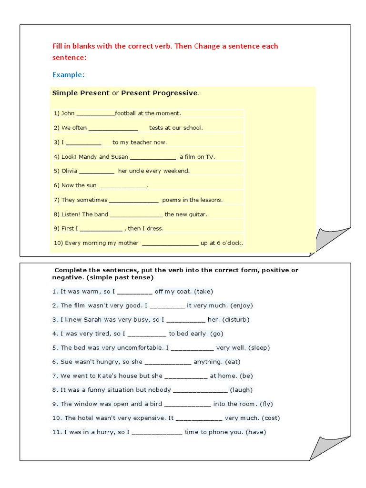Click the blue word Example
tap(68, 75)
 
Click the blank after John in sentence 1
tap(95, 114)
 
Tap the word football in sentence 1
tap(126, 113)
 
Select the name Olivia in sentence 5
tap(69, 171)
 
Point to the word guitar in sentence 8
tap(197, 214)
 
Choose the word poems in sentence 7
tap(171, 200)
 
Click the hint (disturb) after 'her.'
tap(235, 319)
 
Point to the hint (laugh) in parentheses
tap(241, 390)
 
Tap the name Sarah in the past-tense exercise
tap(90, 319)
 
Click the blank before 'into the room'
tap(187, 404)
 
